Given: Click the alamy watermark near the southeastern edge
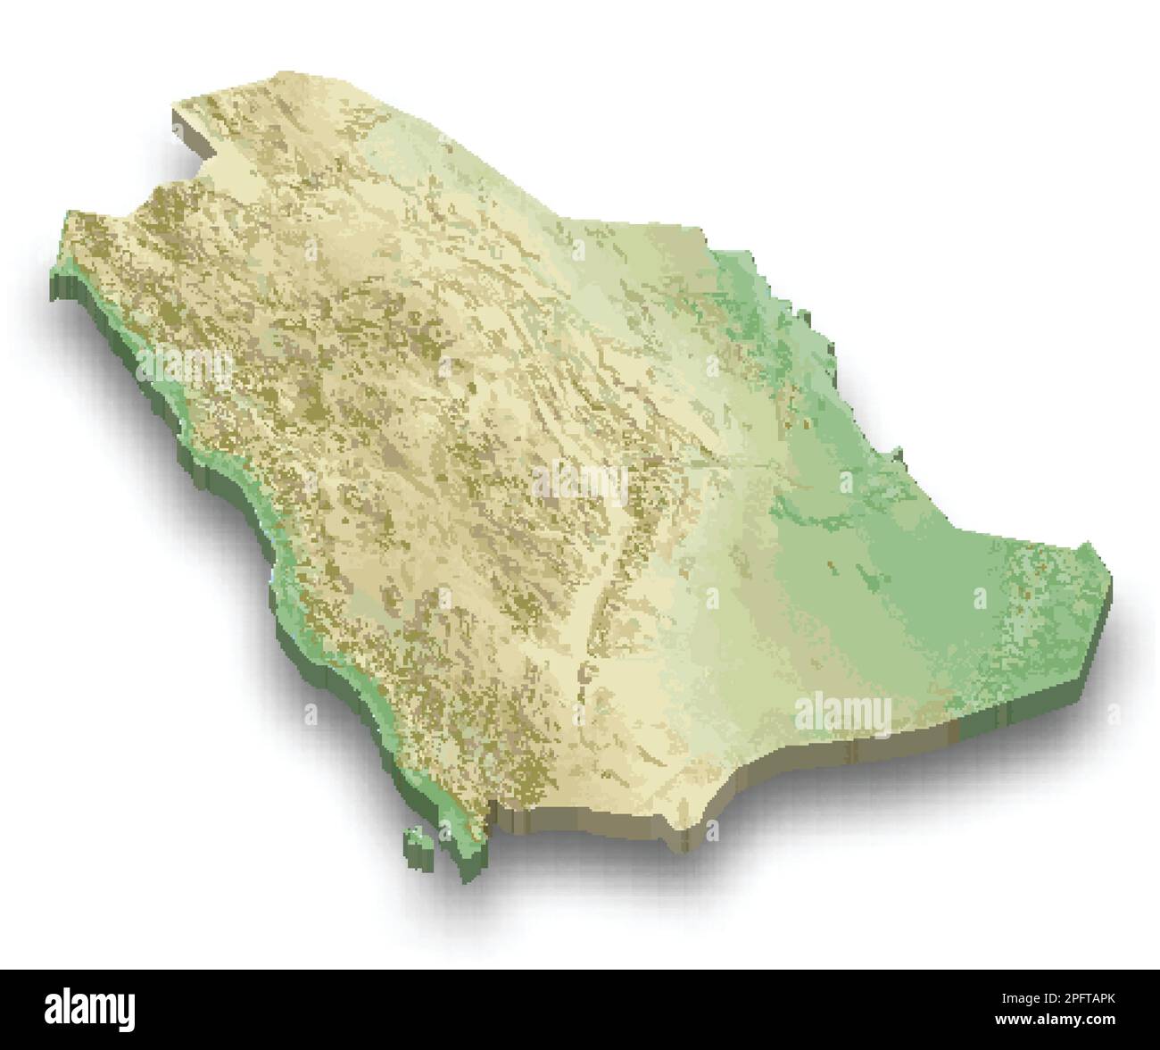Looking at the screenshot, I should pyautogui.click(x=842, y=713).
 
